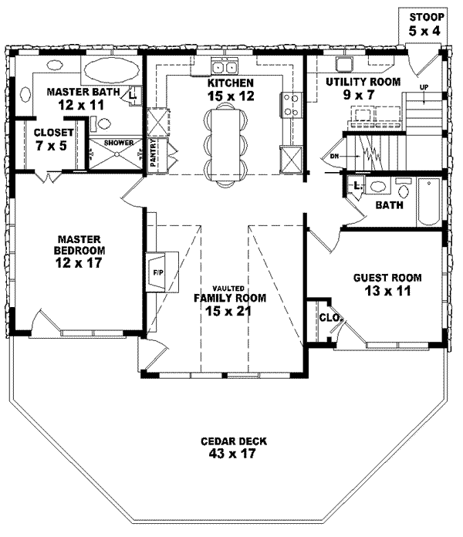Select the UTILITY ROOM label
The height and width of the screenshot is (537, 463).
pos(362,81)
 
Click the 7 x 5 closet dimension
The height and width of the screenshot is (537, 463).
pos(50,144)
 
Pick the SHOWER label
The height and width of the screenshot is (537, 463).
pos(113,144)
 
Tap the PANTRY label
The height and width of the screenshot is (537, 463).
pos(154,154)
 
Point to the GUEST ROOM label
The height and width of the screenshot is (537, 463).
pos(387,278)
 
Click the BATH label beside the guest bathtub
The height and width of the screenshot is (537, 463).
pos(388,206)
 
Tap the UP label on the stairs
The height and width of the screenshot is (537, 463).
pos(424,86)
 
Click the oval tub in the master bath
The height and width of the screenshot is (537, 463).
pos(107,71)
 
